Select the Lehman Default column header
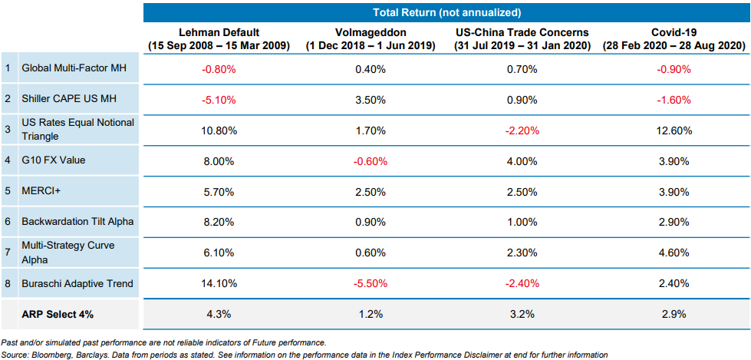point(219,39)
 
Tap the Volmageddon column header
point(371,39)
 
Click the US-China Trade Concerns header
point(522,39)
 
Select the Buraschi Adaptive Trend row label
point(77,284)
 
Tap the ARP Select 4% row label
point(53,315)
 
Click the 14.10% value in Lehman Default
point(219,284)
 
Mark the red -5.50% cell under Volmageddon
point(371,284)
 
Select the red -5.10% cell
point(219,100)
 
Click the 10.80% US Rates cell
point(219,130)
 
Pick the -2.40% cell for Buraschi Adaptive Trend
point(522,284)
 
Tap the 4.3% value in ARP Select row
point(219,315)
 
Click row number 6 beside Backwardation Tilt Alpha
point(8,223)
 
